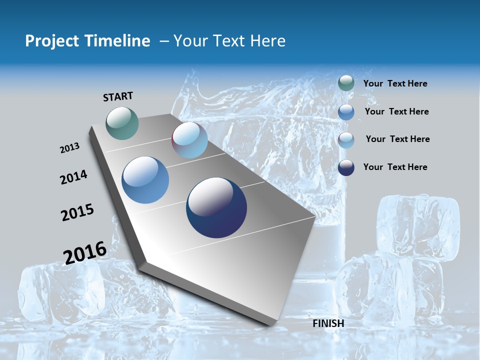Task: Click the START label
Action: coord(118,96)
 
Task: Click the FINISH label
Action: coord(328,323)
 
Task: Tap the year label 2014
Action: coord(73,177)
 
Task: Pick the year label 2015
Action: coord(77,212)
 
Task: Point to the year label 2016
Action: coord(84,252)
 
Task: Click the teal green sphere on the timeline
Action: coord(122,123)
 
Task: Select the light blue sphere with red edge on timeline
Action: coord(189,140)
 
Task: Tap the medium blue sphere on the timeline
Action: coord(145,180)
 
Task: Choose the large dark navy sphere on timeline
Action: coord(216,207)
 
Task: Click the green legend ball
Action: coord(346,83)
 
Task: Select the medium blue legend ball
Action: coord(346,112)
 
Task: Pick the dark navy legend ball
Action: coord(346,167)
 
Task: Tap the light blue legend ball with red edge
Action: coord(346,140)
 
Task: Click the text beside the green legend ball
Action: coord(395,83)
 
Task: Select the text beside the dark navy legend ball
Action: coord(395,167)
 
